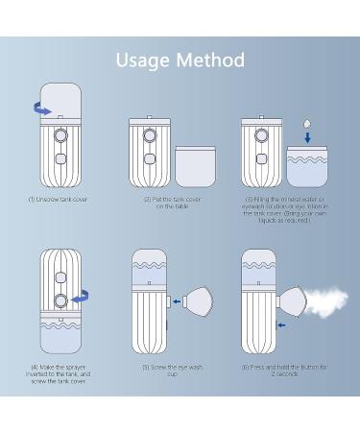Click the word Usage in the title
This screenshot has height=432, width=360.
coord(144,60)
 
